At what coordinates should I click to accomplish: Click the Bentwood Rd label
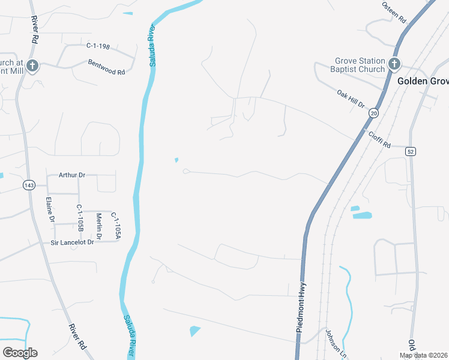pyautogui.click(x=106, y=67)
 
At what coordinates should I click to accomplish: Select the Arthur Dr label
pyautogui.click(x=72, y=175)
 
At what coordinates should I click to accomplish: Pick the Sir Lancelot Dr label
pyautogui.click(x=73, y=242)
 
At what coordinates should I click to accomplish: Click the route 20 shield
pyautogui.click(x=374, y=113)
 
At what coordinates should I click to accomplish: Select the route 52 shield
pyautogui.click(x=411, y=152)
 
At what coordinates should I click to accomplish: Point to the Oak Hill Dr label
pyautogui.click(x=351, y=99)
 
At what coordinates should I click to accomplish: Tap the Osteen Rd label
pyautogui.click(x=394, y=11)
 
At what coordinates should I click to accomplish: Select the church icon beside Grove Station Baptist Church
pyautogui.click(x=394, y=64)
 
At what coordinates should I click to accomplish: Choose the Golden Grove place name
pyautogui.click(x=423, y=80)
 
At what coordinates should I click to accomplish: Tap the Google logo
pyautogui.click(x=20, y=353)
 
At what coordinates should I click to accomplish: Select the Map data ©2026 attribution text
pyautogui.click(x=423, y=355)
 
